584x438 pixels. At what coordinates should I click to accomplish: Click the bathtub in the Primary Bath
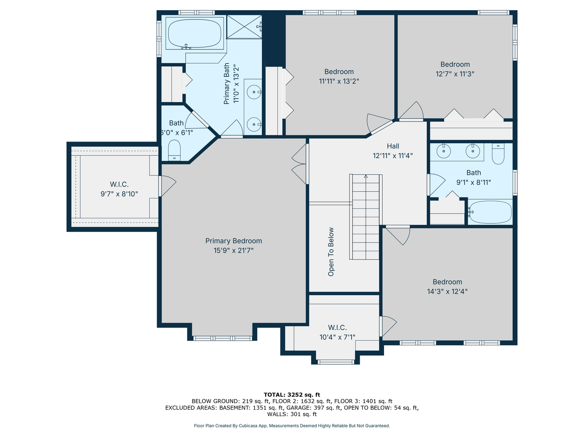195,33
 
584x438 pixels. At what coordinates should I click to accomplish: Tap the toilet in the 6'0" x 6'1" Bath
174,150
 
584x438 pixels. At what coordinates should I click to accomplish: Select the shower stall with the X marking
244,27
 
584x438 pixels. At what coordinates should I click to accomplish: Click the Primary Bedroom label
234,241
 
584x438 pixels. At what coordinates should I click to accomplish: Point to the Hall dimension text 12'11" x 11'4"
393,156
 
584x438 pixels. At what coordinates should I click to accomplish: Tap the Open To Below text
331,252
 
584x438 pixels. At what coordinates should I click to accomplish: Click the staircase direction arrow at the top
366,176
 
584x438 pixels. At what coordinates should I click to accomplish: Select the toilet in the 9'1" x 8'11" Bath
498,154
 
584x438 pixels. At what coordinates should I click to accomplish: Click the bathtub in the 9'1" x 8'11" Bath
490,212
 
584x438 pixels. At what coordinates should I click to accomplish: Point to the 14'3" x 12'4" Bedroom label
447,282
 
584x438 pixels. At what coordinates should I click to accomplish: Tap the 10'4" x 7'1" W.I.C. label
337,327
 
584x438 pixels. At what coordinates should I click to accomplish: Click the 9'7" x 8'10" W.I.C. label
119,184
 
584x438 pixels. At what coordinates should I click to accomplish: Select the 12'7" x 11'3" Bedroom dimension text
455,74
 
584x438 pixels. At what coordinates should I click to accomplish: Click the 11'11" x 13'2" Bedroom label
339,71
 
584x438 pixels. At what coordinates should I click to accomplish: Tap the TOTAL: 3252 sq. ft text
292,395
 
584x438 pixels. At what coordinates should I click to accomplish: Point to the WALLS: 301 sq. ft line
292,414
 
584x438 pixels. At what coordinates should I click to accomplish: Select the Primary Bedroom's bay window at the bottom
222,338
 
